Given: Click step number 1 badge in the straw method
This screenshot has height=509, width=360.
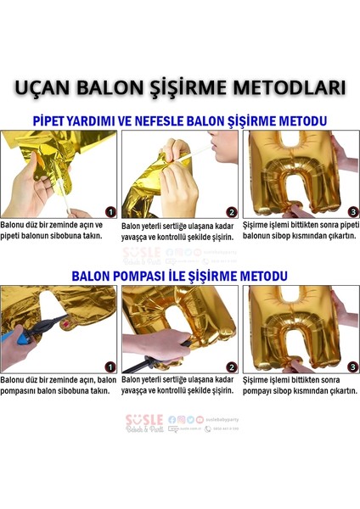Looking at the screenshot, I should [110, 211].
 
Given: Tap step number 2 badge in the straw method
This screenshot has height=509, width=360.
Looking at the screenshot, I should [231, 212].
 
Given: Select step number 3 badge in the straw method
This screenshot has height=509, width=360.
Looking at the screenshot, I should [352, 211].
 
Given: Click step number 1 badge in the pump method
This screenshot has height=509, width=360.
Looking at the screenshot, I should [110, 366].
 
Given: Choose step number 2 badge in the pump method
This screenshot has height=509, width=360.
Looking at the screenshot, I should [231, 366].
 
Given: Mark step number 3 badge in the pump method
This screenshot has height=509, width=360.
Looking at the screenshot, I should [352, 366].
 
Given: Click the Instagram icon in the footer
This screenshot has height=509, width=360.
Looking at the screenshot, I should [181, 419].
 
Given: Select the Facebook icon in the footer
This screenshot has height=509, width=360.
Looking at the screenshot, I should [172, 419].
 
